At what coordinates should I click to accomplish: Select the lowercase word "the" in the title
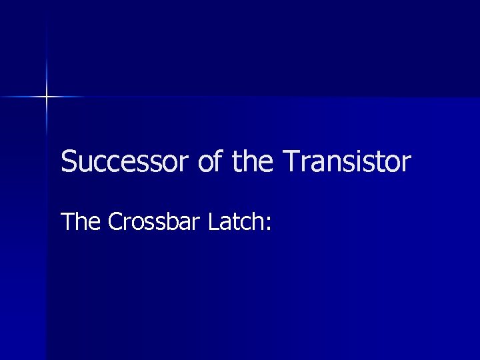point(253,162)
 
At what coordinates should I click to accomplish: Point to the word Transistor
point(347,162)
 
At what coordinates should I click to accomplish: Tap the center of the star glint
point(47,97)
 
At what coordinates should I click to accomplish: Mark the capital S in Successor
point(67,162)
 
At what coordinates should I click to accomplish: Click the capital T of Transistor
point(291,162)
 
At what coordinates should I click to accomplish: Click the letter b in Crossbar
point(172,221)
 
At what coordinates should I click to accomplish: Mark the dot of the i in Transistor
point(357,153)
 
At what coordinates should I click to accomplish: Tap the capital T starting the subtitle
point(67,222)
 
